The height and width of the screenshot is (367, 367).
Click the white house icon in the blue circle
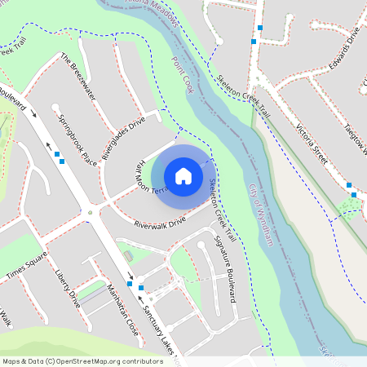click(x=183, y=175)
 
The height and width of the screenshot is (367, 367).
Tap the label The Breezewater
click(x=78, y=77)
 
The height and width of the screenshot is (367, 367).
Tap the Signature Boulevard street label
click(x=224, y=268)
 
